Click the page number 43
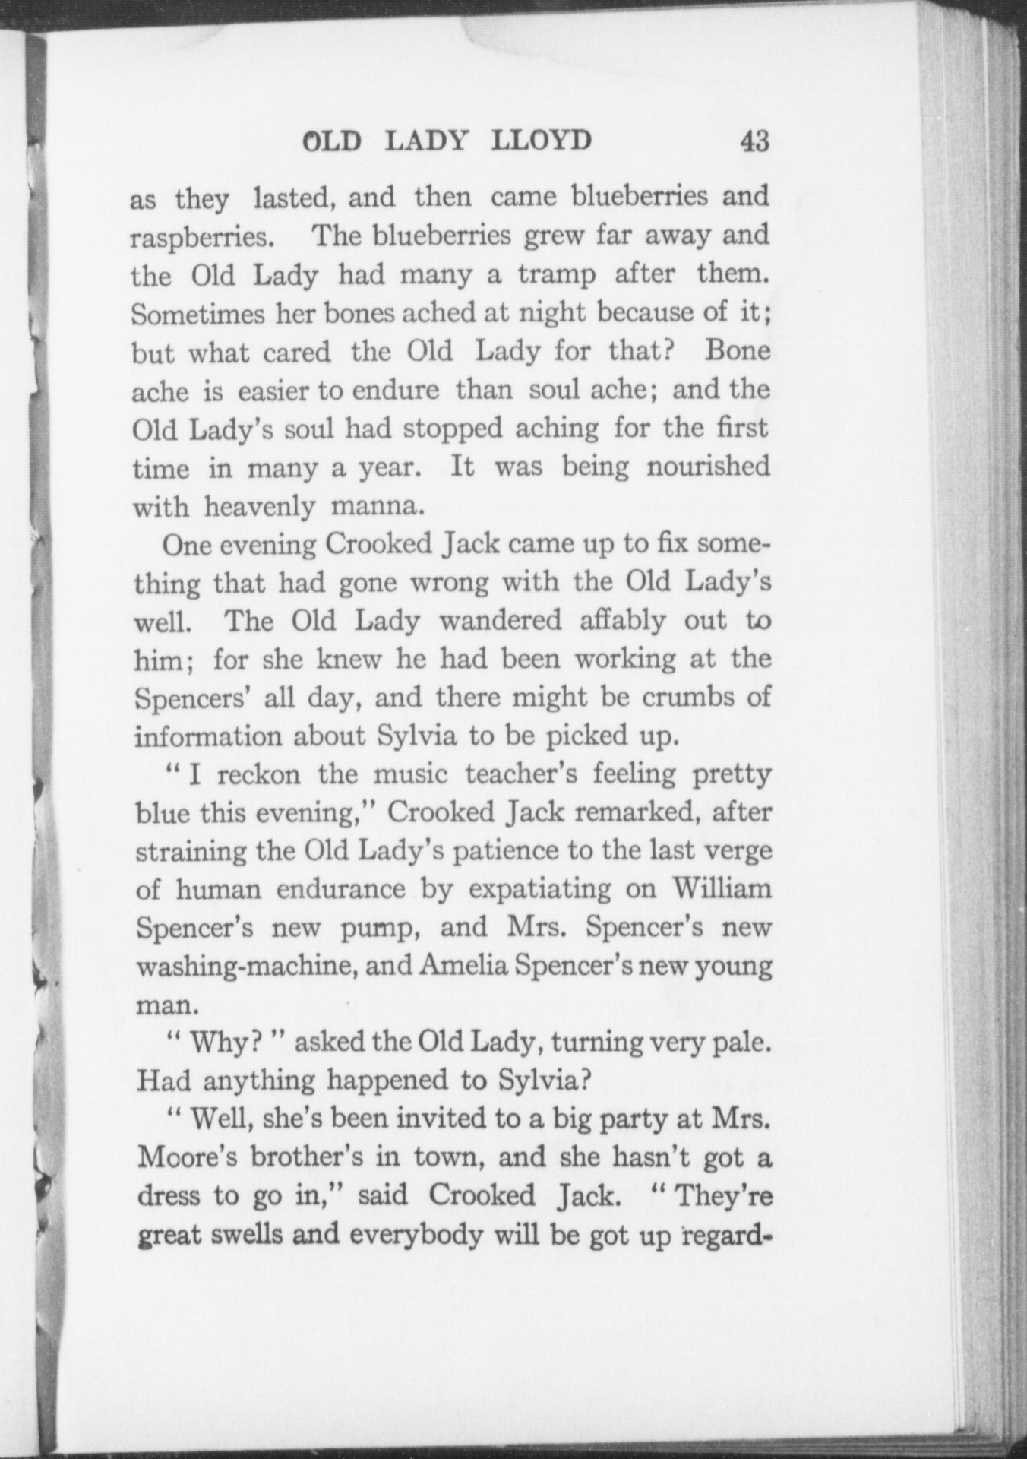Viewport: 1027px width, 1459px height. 753,141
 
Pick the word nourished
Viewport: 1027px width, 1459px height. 708,466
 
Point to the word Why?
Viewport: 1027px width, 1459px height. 220,1043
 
